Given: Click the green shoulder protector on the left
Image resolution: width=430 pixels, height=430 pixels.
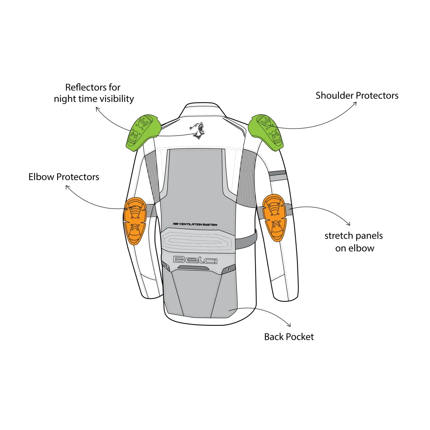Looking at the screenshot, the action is click(141, 131).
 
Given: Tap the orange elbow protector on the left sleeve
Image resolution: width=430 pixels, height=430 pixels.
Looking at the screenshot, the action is click(135, 221).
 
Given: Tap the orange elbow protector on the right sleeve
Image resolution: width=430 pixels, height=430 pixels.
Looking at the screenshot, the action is click(275, 217).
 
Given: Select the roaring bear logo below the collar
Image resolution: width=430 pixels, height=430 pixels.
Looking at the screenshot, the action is click(198, 131).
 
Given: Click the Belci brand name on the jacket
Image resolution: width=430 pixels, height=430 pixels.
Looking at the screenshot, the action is click(195, 260).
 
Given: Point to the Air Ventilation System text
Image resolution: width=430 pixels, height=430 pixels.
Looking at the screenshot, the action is click(195, 224).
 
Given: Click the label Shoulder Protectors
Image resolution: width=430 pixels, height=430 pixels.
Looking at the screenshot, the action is click(357, 95).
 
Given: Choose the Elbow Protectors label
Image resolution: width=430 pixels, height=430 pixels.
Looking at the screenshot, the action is click(64, 177).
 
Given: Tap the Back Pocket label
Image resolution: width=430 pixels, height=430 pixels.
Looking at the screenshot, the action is click(289, 337).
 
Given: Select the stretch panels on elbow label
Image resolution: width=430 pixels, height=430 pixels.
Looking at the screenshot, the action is click(354, 242).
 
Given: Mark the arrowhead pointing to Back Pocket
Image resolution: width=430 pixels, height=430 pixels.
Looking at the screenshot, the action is click(289, 325).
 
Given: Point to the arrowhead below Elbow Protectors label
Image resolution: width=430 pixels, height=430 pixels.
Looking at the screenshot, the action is click(67, 187).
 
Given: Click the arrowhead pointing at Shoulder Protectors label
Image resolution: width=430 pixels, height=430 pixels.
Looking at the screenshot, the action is click(355, 104).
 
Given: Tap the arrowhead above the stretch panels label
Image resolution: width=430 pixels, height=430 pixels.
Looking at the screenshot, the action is click(348, 224).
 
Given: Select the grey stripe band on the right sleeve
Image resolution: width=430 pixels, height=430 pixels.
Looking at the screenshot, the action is click(277, 176).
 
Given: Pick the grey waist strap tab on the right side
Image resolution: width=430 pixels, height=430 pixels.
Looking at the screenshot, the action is click(246, 239).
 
